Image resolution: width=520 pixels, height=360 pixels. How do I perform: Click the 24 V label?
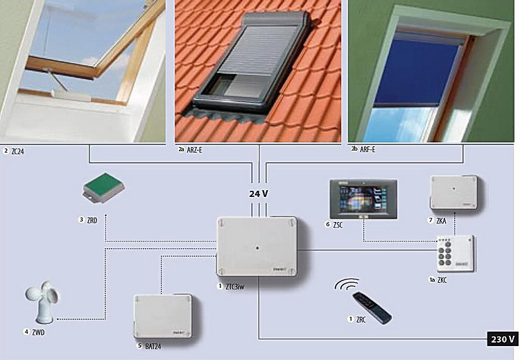point(259,194)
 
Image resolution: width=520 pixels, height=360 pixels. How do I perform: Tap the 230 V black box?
point(503,339)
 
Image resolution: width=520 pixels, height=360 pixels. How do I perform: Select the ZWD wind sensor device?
point(42,302)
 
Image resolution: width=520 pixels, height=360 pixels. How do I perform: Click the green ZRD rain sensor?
point(104,188)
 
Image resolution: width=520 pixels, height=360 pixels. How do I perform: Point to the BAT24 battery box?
point(163,316)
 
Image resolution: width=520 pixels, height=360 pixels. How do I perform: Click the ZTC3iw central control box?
point(257,246)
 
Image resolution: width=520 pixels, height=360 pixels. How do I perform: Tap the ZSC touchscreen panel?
point(363,199)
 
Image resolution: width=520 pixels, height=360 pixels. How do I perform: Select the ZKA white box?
point(453,192)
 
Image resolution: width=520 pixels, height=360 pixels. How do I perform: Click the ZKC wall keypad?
point(456,254)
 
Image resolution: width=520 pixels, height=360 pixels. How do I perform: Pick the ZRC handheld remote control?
point(372,308)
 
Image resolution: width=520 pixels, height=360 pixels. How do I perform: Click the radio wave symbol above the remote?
point(347,284)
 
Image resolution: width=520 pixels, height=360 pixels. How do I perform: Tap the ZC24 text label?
point(17,152)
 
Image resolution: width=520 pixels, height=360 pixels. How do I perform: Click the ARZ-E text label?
point(194,150)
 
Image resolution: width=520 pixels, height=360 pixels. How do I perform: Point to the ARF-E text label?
point(367,150)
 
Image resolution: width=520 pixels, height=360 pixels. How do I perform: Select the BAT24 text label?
point(153,346)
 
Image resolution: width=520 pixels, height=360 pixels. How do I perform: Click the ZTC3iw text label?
point(235,286)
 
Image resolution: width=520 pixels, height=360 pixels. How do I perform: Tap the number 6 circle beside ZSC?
point(328,224)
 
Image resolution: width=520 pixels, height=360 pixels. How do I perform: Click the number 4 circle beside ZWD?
point(26,332)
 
